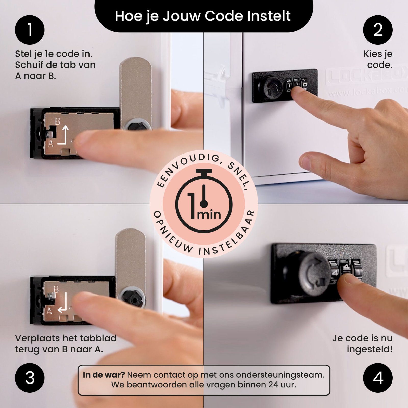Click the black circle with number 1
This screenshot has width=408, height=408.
point(30,30)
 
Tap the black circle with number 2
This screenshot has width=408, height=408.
point(378,30)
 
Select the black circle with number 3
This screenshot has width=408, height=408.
point(30,378)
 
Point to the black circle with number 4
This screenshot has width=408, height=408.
point(378,378)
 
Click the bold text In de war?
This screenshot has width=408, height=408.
point(104,375)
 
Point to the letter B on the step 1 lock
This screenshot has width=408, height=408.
point(58,121)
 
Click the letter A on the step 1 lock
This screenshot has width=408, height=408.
point(51,144)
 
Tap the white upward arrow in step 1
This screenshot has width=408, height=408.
point(65,134)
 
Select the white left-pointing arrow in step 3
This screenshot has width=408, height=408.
point(63,303)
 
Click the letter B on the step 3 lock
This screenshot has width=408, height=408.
point(56,290)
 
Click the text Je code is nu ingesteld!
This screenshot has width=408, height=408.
point(362,343)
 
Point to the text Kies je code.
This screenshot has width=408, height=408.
point(378,59)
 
